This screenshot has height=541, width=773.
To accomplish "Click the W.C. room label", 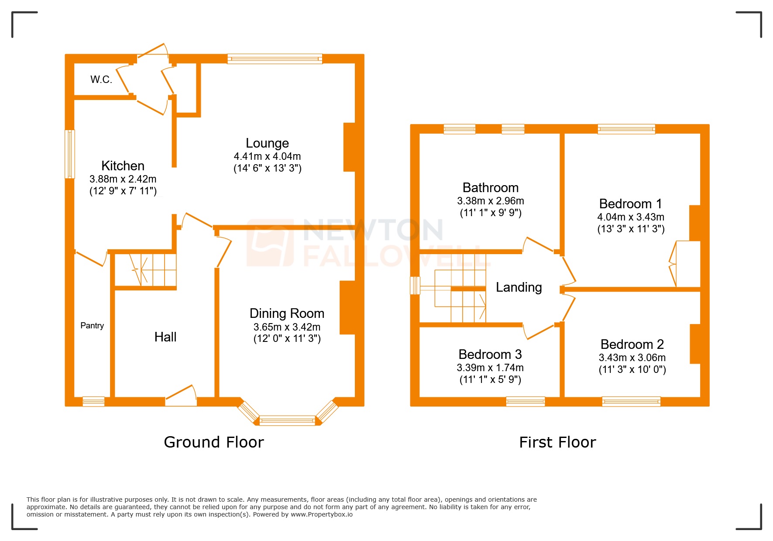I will (101, 79).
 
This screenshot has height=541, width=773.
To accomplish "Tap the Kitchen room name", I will (123, 166).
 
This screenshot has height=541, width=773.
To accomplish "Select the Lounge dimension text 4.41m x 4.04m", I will (267, 156).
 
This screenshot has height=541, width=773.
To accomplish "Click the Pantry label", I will (92, 326).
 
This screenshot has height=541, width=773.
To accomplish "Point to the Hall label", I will (165, 337).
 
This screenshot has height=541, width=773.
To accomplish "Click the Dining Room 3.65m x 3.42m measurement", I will (287, 327).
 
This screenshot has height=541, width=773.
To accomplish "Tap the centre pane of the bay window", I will (287, 421).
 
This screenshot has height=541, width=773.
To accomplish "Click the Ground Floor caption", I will (213, 442).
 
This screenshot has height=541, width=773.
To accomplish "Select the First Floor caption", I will (557, 442).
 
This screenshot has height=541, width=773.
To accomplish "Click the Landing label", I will (519, 287).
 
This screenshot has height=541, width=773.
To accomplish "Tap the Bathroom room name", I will (491, 188).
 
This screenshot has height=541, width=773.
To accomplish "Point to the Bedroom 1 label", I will (630, 204).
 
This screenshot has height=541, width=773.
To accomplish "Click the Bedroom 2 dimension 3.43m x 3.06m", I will (632, 358).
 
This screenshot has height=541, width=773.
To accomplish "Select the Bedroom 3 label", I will (490, 355).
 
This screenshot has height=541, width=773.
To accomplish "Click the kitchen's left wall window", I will (70, 154).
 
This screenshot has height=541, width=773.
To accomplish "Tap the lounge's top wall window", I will (275, 59).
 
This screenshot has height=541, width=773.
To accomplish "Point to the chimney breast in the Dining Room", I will (347, 307).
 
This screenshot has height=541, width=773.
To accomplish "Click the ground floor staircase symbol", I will (145, 269).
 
